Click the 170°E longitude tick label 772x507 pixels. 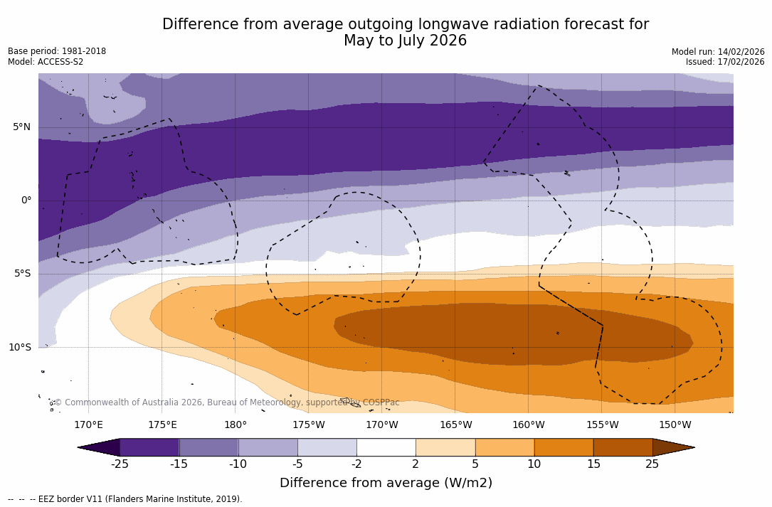[x=88, y=425]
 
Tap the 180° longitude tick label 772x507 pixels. [x=236, y=425]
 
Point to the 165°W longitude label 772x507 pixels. [x=455, y=425]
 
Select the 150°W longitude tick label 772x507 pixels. [x=675, y=425]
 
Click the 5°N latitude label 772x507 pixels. [x=22, y=127]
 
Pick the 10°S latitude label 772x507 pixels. [x=20, y=348]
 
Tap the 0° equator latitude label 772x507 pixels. [x=26, y=201]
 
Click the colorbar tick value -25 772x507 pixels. [x=120, y=464]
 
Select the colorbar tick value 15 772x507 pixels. [x=593, y=464]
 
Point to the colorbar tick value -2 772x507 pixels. [x=356, y=464]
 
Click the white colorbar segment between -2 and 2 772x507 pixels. [x=386, y=447]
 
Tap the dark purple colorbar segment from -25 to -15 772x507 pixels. [x=149, y=447]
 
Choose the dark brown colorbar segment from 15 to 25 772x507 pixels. [x=623, y=447]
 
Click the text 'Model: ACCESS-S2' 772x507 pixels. [x=46, y=62]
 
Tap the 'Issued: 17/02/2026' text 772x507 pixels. [x=725, y=62]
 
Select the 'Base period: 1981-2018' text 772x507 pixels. [x=57, y=51]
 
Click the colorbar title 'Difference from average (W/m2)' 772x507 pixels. [x=386, y=484]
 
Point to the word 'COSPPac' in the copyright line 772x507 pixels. [x=381, y=402]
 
